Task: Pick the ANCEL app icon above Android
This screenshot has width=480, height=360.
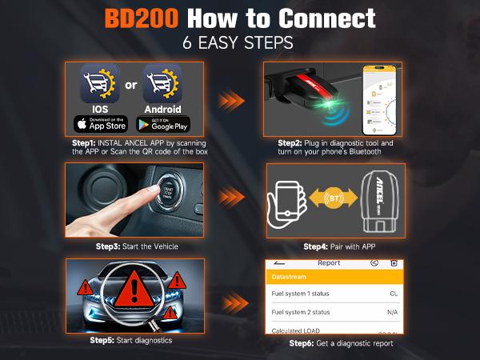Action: click(162, 83)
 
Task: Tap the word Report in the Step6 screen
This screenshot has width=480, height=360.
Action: click(329, 262)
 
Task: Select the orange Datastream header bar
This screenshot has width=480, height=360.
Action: click(331, 277)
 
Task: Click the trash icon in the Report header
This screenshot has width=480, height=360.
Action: click(394, 262)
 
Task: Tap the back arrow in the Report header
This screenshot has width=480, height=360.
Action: click(279, 262)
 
